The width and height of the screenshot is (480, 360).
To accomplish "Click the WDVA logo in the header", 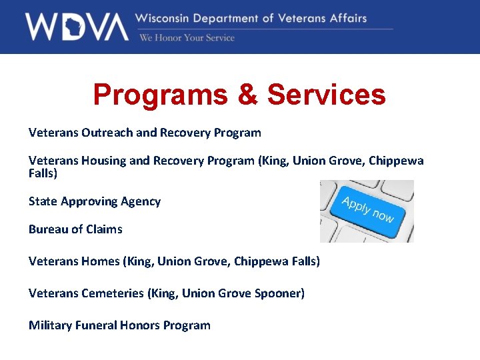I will tap(76, 27).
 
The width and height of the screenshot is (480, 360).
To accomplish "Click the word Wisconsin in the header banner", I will tap(165, 18).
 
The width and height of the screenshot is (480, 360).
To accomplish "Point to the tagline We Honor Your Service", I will tap(187, 38).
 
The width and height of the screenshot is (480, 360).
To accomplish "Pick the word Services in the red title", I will tap(326, 95).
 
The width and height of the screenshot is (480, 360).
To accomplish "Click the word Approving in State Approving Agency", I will tap(89, 201).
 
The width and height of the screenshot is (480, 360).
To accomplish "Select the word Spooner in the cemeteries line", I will tap(279, 293).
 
